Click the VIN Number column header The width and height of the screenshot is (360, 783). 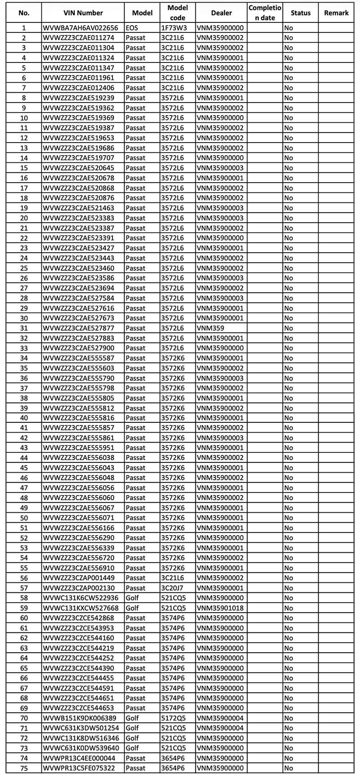pyautogui.click(x=83, y=13)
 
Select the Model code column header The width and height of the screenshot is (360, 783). pyautogui.click(x=177, y=13)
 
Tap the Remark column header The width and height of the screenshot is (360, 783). pyautogui.click(x=336, y=13)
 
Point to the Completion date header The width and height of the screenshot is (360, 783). pyautogui.click(x=265, y=13)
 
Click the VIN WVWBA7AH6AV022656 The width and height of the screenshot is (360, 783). pyautogui.click(x=81, y=28)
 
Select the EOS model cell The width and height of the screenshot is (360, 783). pyautogui.click(x=132, y=28)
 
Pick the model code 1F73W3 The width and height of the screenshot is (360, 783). pyautogui.click(x=174, y=28)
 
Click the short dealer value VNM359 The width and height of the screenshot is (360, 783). pyautogui.click(x=210, y=328)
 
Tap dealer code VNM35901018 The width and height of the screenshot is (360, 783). pyautogui.click(x=220, y=608)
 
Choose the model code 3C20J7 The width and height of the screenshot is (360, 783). pyautogui.click(x=172, y=588)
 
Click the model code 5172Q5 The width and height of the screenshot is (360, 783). pyautogui.click(x=173, y=718)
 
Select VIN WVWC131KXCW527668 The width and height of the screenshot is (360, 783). pyautogui.click(x=81, y=608)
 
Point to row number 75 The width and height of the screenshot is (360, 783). pyautogui.click(x=24, y=768)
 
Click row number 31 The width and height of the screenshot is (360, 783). pyautogui.click(x=24, y=328)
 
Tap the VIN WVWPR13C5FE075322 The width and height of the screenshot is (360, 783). pyautogui.click(x=79, y=768)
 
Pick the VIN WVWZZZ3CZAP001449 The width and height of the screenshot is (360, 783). pyautogui.click(x=79, y=578)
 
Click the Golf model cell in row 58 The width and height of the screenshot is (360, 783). pyautogui.click(x=132, y=598)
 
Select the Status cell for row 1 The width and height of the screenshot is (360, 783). pyautogui.click(x=288, y=28)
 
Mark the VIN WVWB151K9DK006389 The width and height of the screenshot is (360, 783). pyautogui.click(x=80, y=718)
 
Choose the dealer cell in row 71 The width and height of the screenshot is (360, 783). pyautogui.click(x=220, y=728)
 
